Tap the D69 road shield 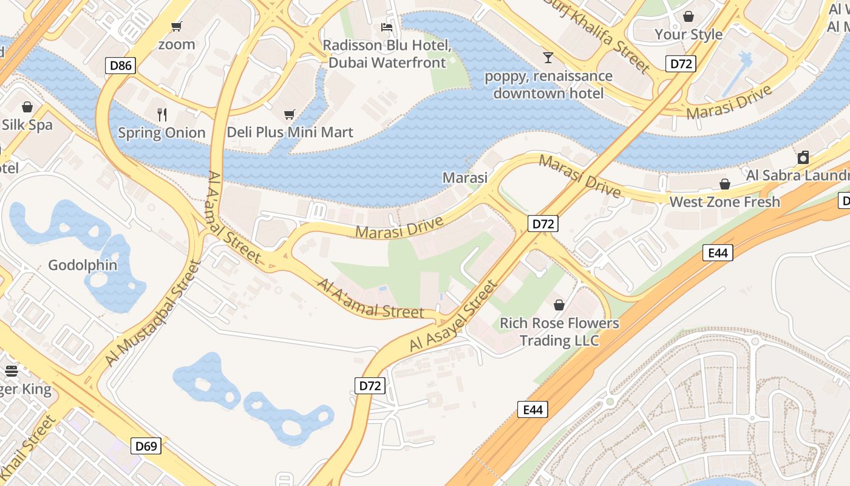146,447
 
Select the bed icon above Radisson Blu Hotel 386,27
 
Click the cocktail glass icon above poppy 548,58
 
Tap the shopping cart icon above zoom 177,26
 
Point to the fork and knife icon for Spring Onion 162,114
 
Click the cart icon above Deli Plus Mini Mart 290,114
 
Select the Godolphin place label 83,265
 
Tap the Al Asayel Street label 453,317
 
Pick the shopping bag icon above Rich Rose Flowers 559,305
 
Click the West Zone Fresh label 724,202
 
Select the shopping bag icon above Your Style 688,16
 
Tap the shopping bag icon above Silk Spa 27,108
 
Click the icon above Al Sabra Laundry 803,158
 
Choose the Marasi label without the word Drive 465,178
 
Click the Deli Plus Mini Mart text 290,132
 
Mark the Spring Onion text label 161,132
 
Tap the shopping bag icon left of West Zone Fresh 724,183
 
